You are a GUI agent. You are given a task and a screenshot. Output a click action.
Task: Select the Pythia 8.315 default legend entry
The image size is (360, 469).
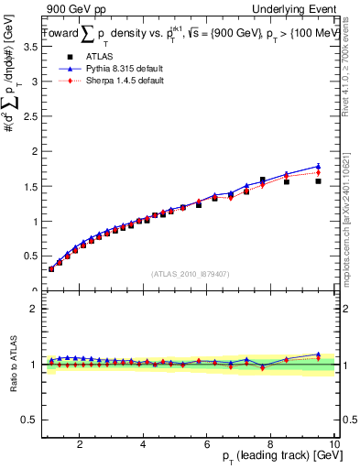(113, 70)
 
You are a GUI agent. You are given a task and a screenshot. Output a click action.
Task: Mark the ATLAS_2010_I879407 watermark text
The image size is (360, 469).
(190, 273)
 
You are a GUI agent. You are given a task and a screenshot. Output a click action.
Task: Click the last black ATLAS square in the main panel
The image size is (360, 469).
(318, 181)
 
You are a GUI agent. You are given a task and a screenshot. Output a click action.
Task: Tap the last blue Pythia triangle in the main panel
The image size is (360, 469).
(318, 166)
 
